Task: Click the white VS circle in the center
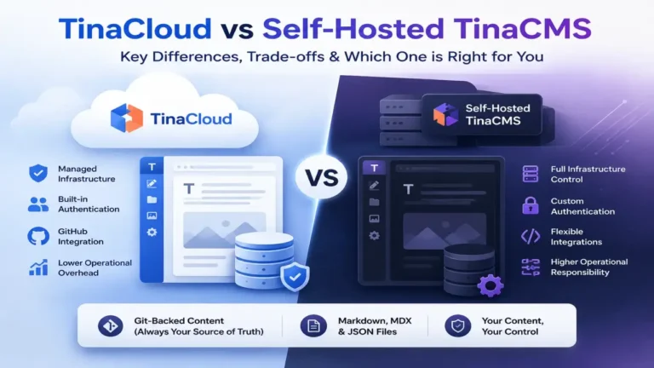pyautogui.click(x=322, y=178)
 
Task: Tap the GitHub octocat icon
pyautogui.click(x=38, y=236)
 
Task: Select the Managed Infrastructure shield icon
pyautogui.click(x=38, y=173)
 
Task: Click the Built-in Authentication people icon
pyautogui.click(x=38, y=204)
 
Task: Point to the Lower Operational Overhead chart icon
pyautogui.click(x=38, y=267)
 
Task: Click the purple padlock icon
pyautogui.click(x=531, y=205)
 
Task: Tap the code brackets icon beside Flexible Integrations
pyautogui.click(x=531, y=236)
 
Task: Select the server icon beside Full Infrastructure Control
pyautogui.click(x=531, y=174)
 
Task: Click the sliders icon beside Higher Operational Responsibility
pyautogui.click(x=531, y=267)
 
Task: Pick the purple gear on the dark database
pyautogui.click(x=490, y=286)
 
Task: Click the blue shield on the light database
pyautogui.click(x=295, y=277)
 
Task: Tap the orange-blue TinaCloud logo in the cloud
pyautogui.click(x=127, y=118)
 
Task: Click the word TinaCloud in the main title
pyautogui.click(x=135, y=29)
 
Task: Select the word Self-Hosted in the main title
pyautogui.click(x=353, y=29)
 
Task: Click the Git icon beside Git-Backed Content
pyautogui.click(x=111, y=326)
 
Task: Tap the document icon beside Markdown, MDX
pyautogui.click(x=313, y=326)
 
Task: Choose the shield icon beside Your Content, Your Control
pyautogui.click(x=457, y=326)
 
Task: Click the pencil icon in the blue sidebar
pyautogui.click(x=152, y=184)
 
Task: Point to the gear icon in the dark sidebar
pyautogui.click(x=374, y=236)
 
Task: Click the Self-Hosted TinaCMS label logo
pyautogui.click(x=445, y=114)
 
